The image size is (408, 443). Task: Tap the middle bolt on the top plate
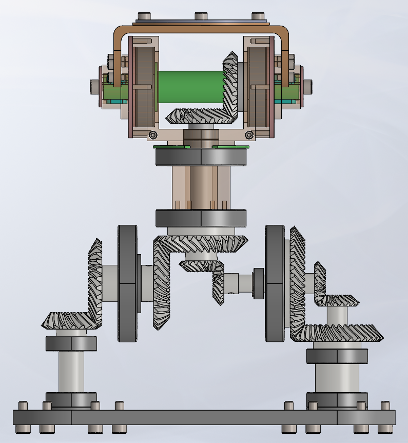201,16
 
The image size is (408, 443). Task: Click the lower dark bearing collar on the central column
201,218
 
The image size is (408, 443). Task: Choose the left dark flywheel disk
127,283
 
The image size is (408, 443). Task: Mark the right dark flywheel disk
275,283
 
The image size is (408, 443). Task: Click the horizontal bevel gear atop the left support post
69,320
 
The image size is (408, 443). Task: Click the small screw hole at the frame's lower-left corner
152,135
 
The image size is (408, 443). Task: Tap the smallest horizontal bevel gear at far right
337,300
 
